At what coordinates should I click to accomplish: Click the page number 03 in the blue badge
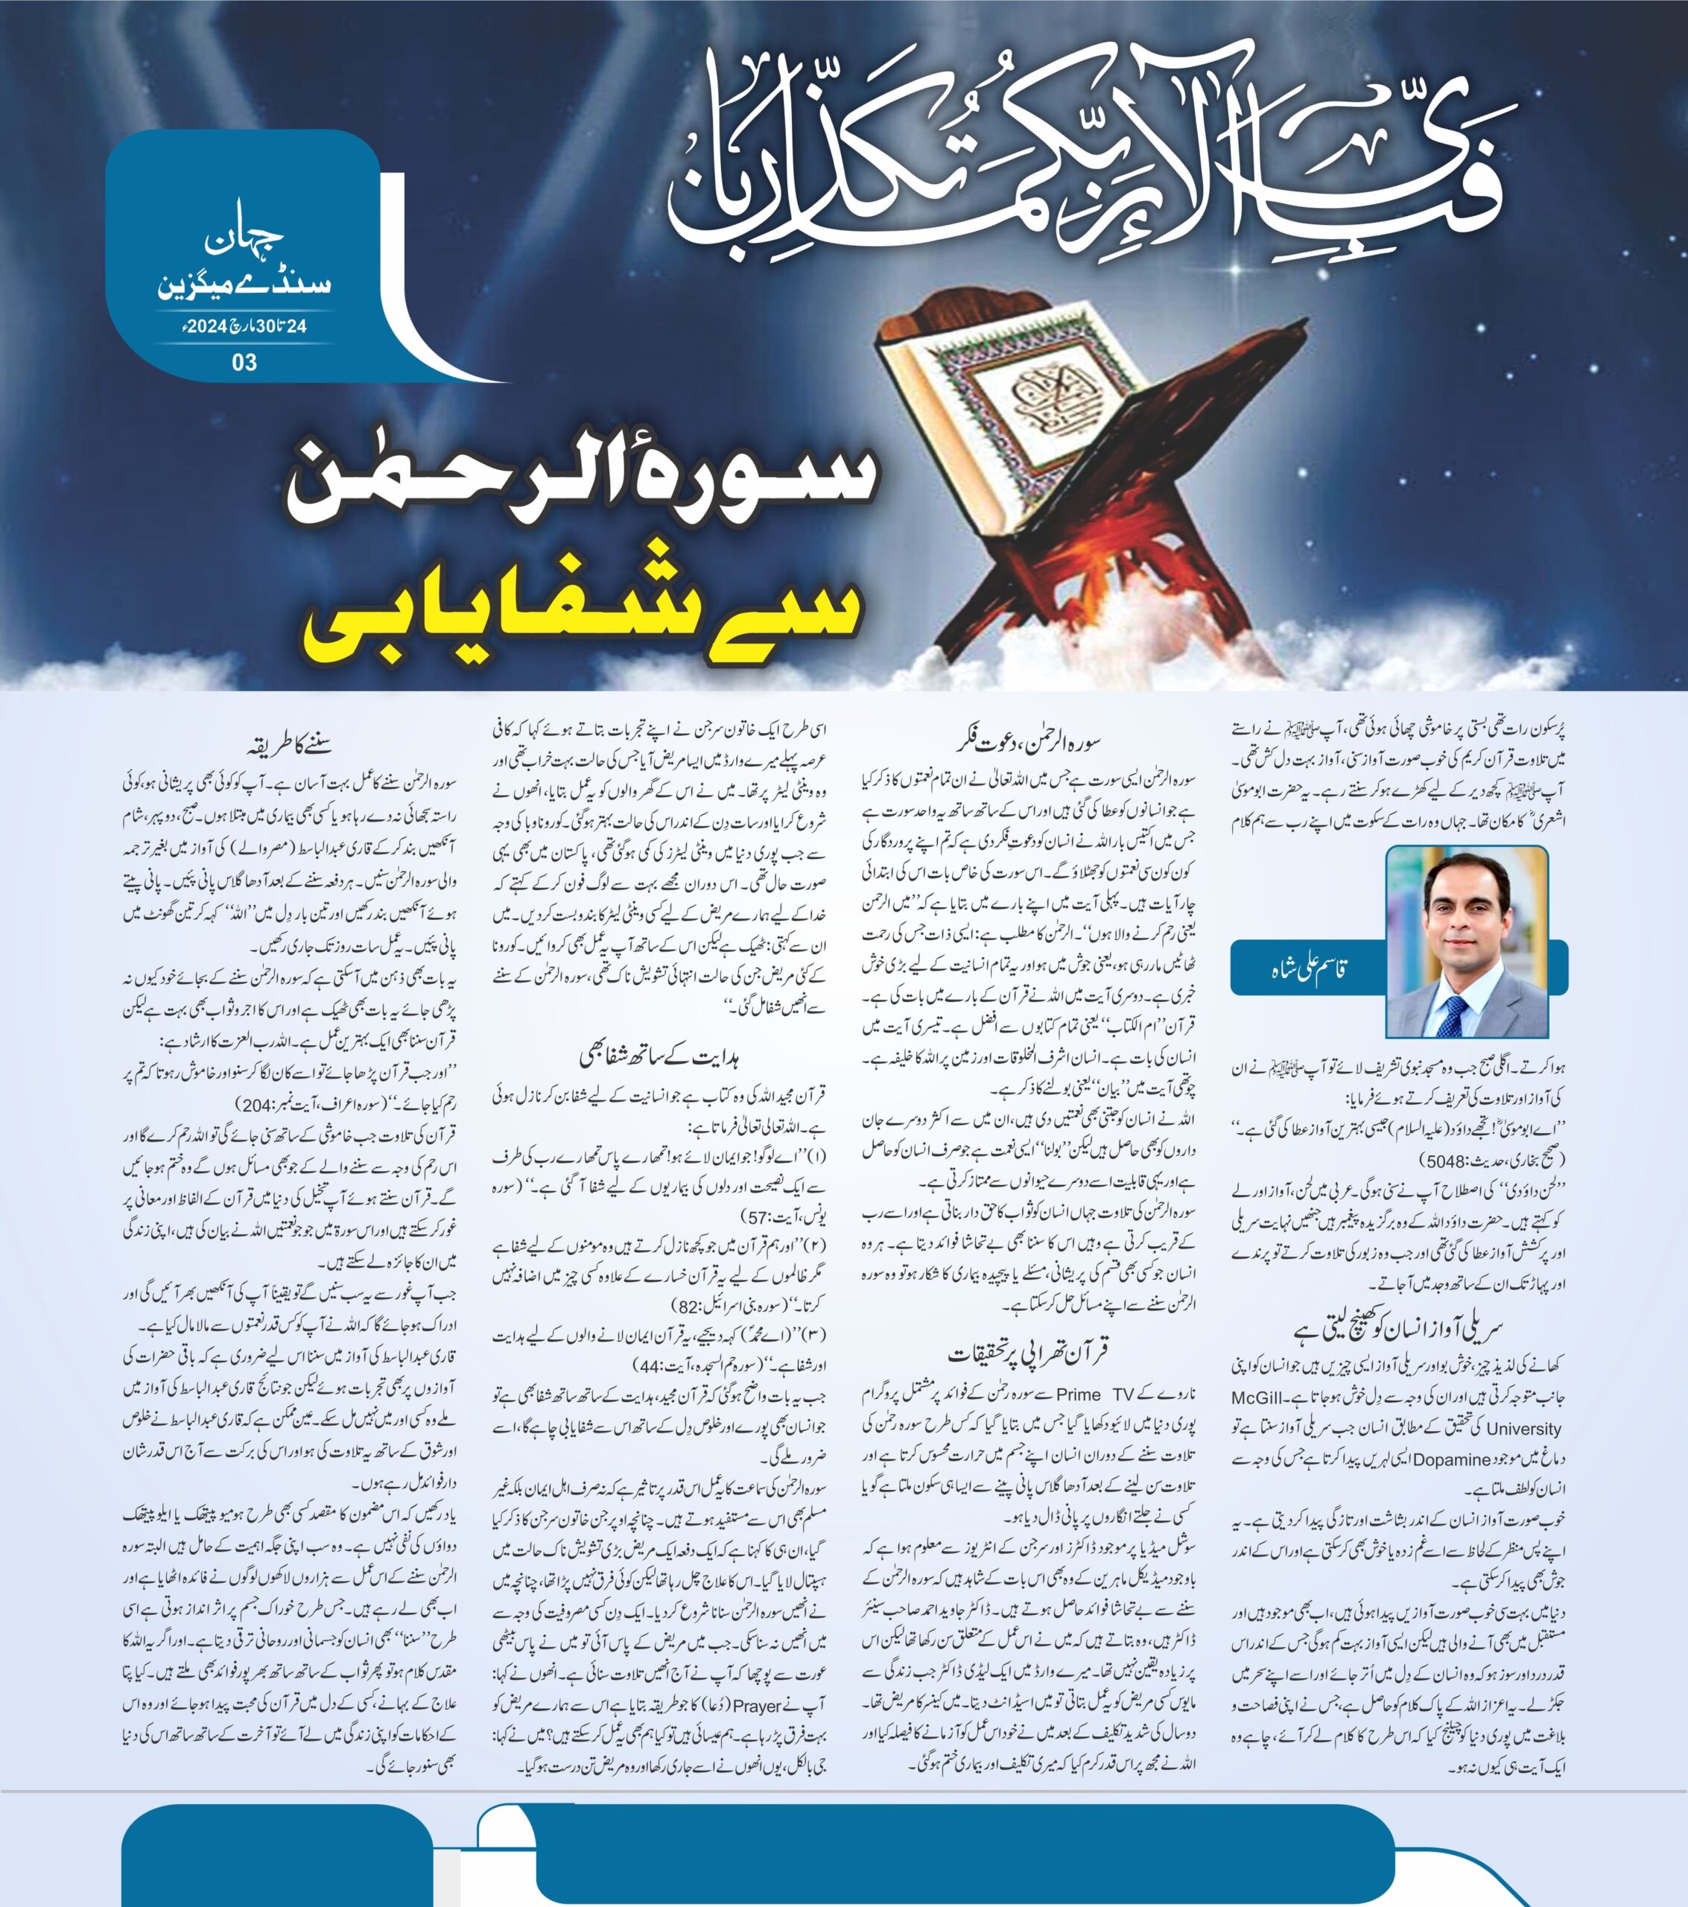point(244,362)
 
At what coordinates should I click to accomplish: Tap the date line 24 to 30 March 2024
point(244,326)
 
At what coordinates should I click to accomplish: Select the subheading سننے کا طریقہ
point(288,746)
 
